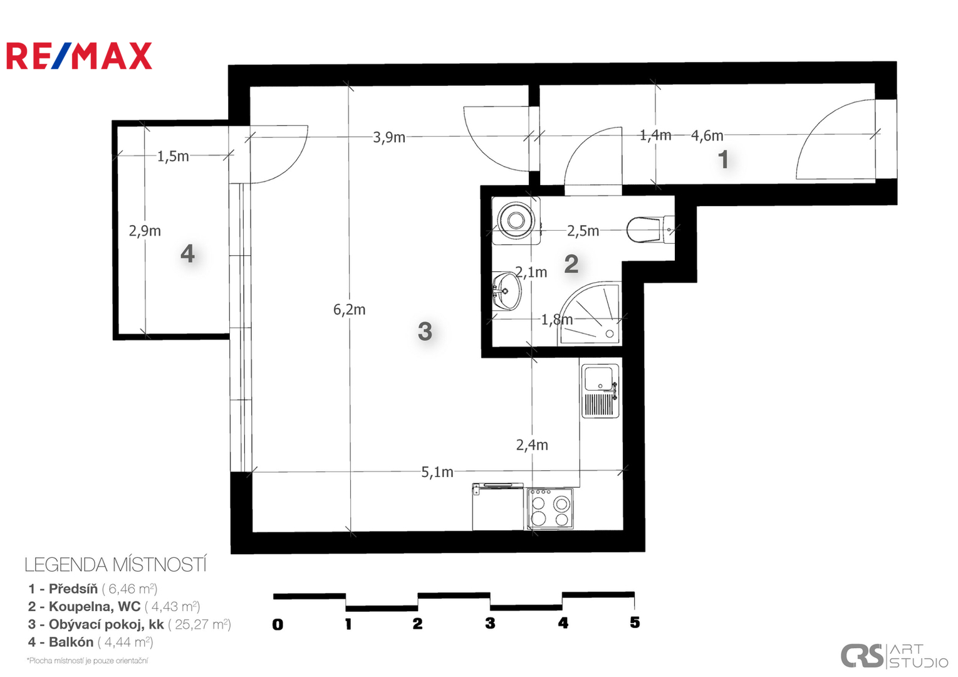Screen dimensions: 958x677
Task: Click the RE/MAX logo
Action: (x=79, y=56)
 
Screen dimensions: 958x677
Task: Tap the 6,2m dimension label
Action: (x=350, y=310)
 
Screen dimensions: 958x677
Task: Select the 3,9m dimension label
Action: (x=389, y=137)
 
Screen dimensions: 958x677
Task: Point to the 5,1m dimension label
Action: (x=437, y=472)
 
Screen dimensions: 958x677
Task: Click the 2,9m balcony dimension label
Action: (x=145, y=231)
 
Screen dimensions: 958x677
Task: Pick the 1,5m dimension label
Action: (x=173, y=157)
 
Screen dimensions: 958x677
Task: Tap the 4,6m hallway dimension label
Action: (x=707, y=135)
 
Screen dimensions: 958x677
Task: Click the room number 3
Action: (x=425, y=331)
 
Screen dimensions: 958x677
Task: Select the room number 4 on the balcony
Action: (x=188, y=253)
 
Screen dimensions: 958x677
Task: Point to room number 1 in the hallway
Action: (x=723, y=159)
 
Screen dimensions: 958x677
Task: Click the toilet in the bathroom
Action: (x=650, y=230)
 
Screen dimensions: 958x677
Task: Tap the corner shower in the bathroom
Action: (x=590, y=313)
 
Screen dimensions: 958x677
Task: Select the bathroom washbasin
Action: (x=506, y=291)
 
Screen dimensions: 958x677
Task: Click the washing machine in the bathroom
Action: (x=516, y=221)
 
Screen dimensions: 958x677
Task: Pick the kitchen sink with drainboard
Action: (x=600, y=391)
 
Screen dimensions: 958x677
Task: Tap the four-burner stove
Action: (x=550, y=509)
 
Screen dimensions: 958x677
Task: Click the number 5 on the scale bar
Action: (x=635, y=622)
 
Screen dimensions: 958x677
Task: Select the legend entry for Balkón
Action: (x=91, y=643)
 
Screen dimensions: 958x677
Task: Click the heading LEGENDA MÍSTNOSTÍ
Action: (x=115, y=565)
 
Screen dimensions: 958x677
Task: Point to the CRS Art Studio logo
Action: (x=894, y=656)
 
